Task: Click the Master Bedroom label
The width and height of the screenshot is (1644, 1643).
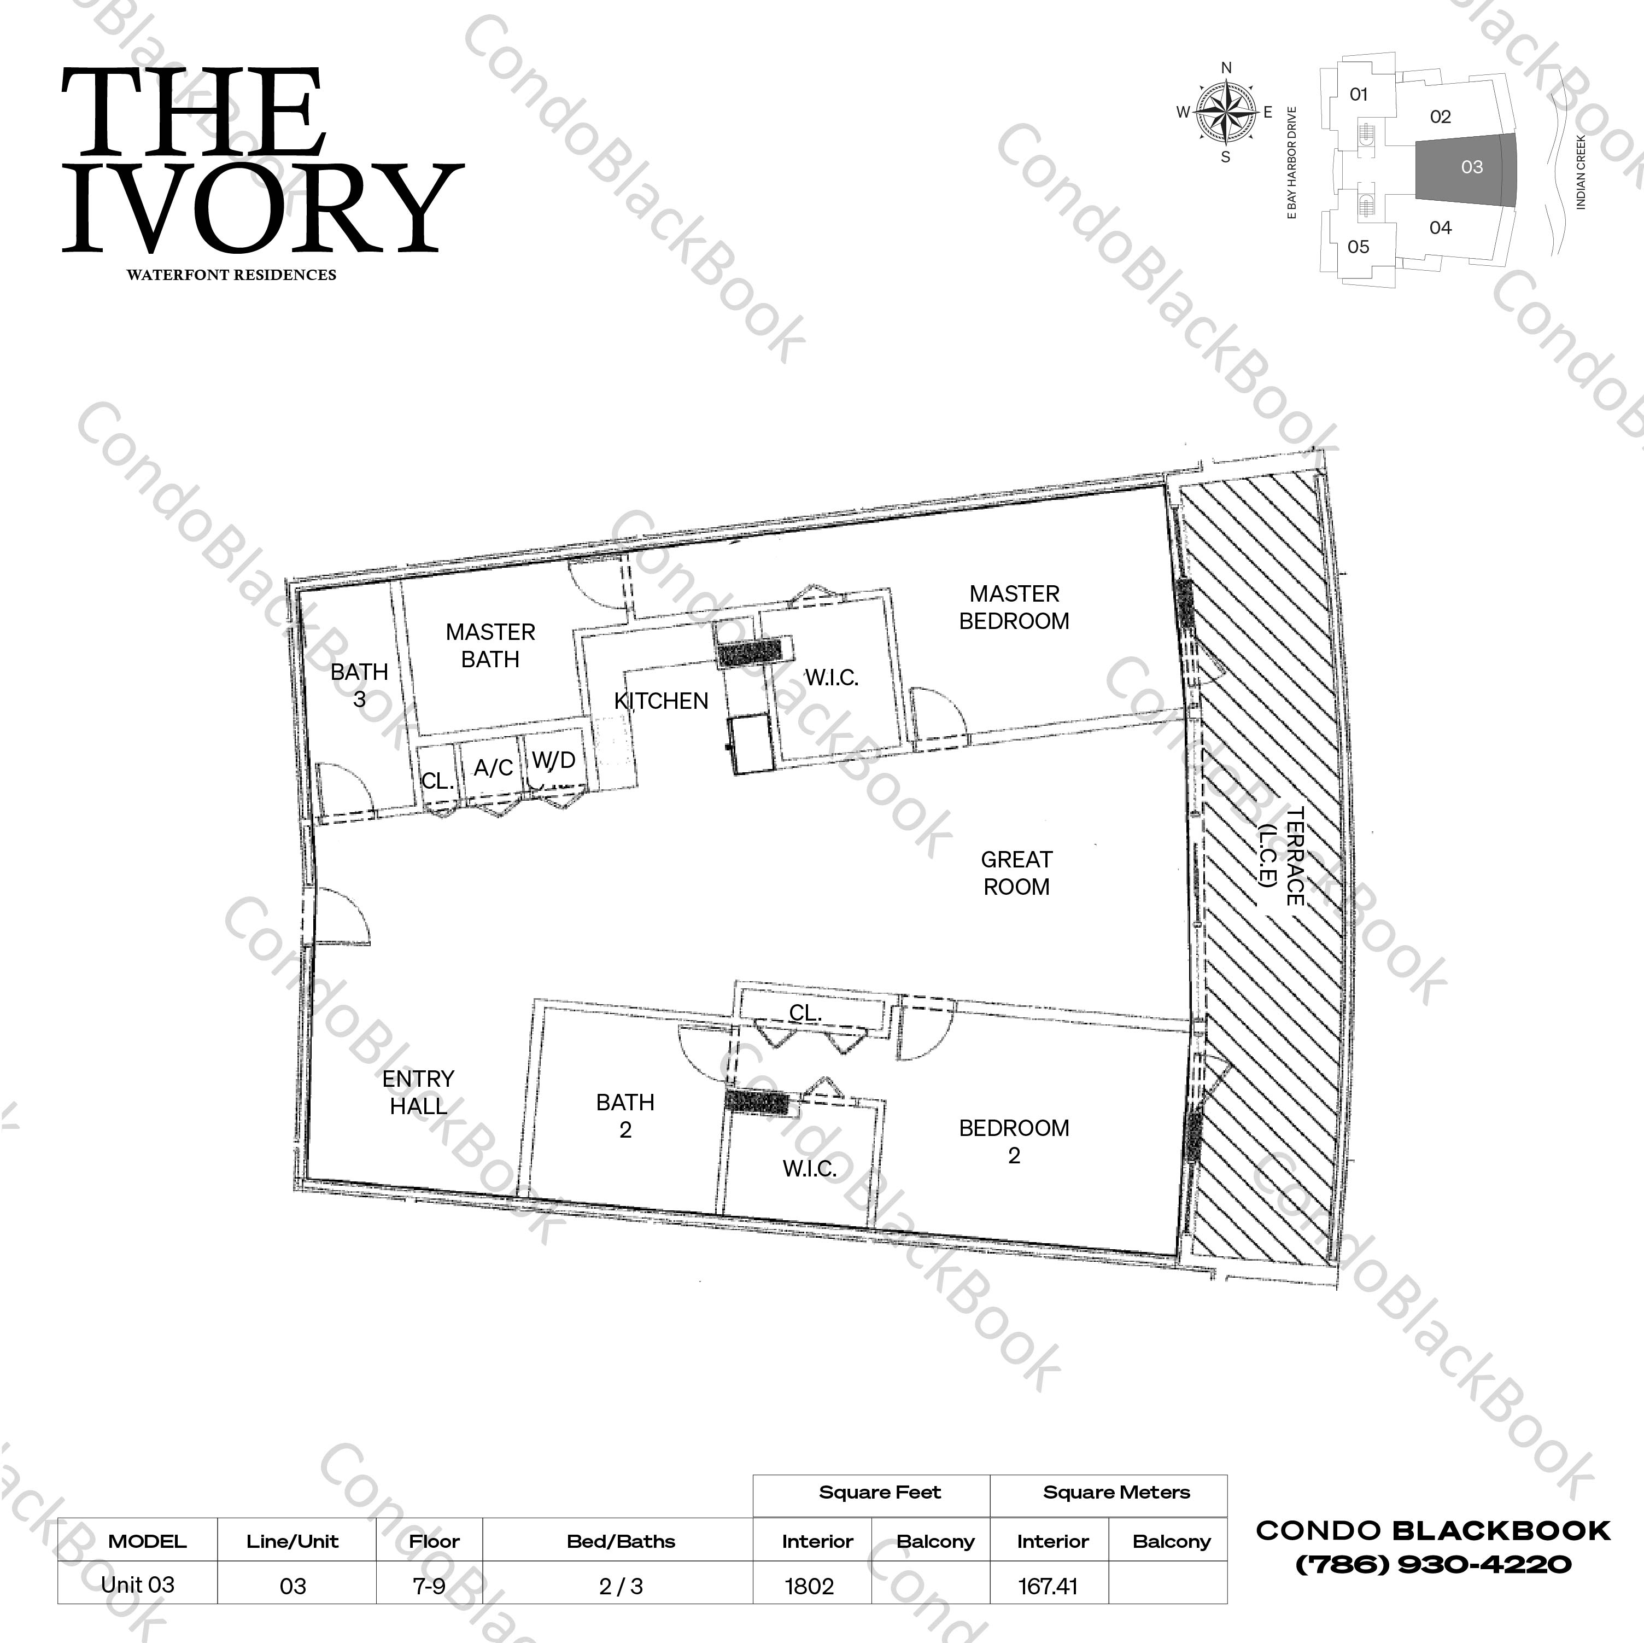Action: tap(1014, 607)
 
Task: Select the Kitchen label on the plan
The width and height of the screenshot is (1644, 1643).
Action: tap(661, 701)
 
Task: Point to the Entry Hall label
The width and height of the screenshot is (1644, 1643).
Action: tap(418, 1092)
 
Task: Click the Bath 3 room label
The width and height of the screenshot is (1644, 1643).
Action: tap(359, 684)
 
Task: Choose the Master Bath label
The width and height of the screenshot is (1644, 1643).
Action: tap(490, 645)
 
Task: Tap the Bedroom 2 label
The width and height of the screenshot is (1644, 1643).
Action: tap(1014, 1141)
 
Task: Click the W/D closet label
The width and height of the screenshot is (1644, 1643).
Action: tap(554, 760)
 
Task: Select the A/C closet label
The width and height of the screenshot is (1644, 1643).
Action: tap(494, 768)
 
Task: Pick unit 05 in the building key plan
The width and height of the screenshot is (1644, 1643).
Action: tap(1358, 247)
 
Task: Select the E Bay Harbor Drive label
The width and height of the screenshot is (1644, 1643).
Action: tap(1292, 164)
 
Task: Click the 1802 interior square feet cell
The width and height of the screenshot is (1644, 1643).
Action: tap(809, 1586)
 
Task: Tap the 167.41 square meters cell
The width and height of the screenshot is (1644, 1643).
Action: tap(1048, 1586)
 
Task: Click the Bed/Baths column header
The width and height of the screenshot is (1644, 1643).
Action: tap(621, 1541)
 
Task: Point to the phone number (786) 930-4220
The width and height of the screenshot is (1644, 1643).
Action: tap(1433, 1564)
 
